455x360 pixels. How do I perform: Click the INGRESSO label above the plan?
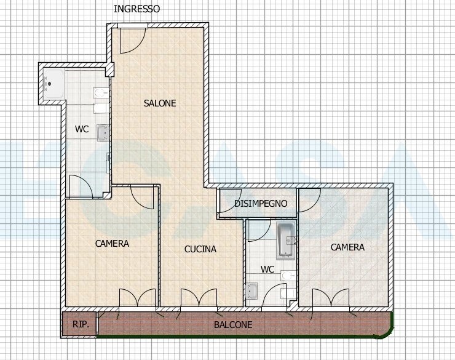[x=136, y=9]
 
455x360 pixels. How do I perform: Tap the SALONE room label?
[x=160, y=103]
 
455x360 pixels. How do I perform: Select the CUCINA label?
[x=200, y=249]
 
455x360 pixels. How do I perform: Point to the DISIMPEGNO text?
[x=261, y=204]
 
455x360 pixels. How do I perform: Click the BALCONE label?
[x=233, y=324]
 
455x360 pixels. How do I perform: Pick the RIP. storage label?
[x=81, y=324]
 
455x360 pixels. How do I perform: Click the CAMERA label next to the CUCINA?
[x=112, y=244]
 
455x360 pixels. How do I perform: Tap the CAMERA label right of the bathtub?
[x=347, y=247]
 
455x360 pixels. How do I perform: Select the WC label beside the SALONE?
[x=82, y=129]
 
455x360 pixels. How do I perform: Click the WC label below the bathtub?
[x=267, y=270]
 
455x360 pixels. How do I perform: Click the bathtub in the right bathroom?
[x=287, y=241]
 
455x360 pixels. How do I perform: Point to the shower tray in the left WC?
[x=53, y=84]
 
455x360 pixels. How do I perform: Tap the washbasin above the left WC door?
[x=103, y=133]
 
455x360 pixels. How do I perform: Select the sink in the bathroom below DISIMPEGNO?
[x=251, y=291]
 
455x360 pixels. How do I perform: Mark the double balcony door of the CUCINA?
[x=199, y=298]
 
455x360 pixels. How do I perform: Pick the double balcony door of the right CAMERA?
[x=331, y=298]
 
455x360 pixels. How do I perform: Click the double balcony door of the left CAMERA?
[x=138, y=298]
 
